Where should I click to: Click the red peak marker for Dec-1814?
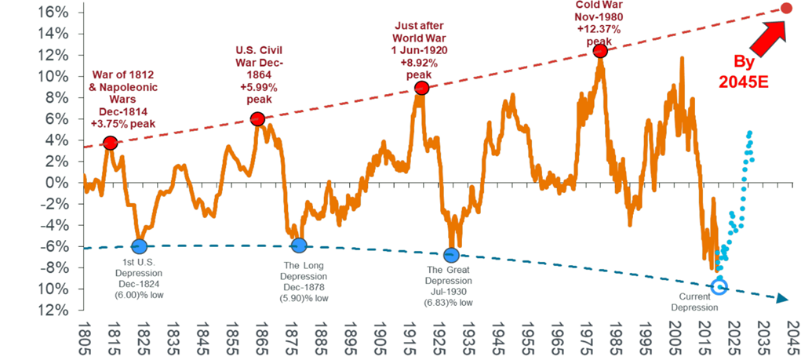point(110,143)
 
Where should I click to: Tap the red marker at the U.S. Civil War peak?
point(257,119)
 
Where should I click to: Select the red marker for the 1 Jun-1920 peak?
point(421,88)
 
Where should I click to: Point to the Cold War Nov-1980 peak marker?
point(600,51)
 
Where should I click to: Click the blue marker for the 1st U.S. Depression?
point(139,246)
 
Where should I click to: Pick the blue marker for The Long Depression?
point(298,246)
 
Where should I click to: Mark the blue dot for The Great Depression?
point(451,255)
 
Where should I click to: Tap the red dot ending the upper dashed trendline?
point(786,8)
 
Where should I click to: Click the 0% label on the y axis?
point(64,183)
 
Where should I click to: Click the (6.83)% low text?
point(450,301)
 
